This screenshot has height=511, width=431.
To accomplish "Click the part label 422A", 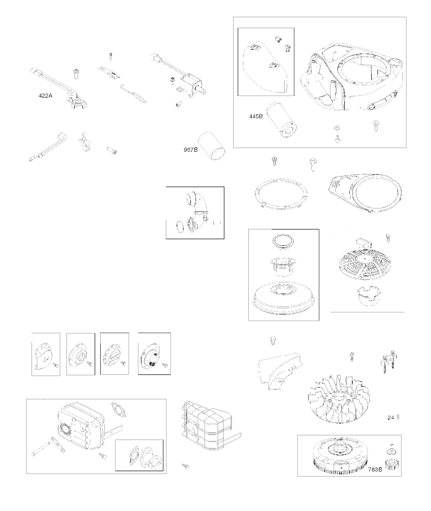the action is click(x=45, y=95).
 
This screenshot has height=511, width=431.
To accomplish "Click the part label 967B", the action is click(x=191, y=150).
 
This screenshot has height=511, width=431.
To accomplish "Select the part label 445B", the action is click(x=256, y=116).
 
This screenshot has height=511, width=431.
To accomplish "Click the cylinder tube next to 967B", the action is click(x=212, y=146).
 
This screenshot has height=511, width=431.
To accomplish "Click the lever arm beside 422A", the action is click(x=58, y=88).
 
